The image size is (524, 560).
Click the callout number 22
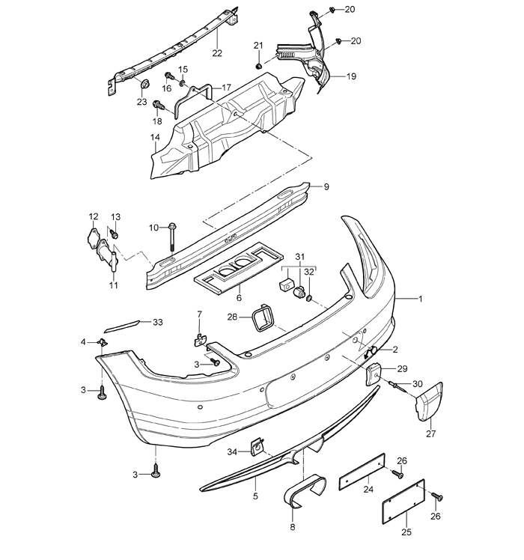[x=217, y=53]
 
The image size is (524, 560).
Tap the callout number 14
[x=155, y=138]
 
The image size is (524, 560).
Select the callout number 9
[x=326, y=186]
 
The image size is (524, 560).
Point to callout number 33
[x=157, y=322]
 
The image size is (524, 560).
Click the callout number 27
[x=430, y=433]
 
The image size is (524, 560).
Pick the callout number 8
[x=293, y=527]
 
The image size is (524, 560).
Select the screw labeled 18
[x=158, y=105]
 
